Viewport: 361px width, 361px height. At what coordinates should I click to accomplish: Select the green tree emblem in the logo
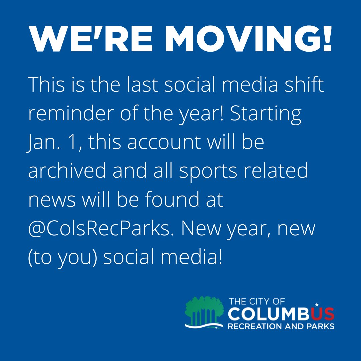pyautogui.click(x=204, y=311)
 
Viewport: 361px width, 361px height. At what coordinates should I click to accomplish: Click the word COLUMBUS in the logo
pyautogui.click(x=281, y=314)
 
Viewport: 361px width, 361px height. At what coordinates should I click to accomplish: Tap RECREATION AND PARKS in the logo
pyautogui.click(x=281, y=326)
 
